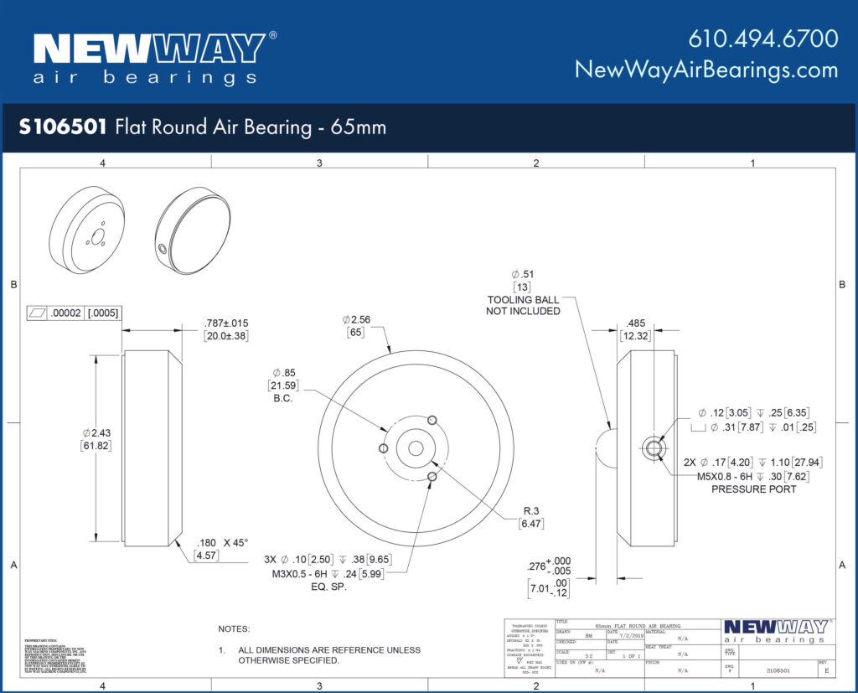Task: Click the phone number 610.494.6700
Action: point(762,39)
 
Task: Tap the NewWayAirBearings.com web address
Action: point(706,70)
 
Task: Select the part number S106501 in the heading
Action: point(62,127)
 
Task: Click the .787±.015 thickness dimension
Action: point(226,323)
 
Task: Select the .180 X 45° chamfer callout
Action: point(222,542)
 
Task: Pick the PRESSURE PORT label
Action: point(753,489)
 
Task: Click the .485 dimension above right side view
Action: point(636,323)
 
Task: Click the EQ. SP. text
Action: point(328,587)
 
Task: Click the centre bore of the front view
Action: point(416,448)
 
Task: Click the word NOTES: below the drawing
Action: point(234,628)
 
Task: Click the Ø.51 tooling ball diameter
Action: point(523,275)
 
